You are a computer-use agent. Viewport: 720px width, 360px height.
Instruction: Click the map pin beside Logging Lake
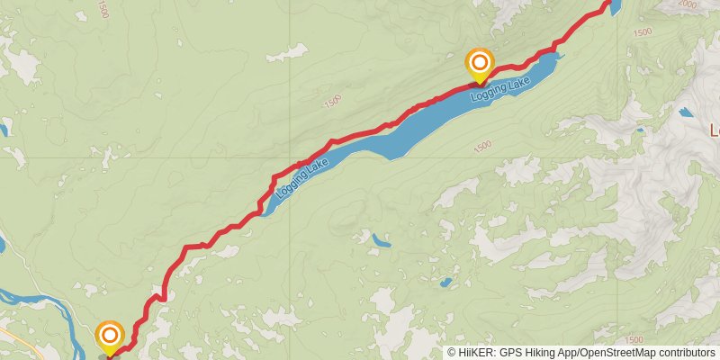pos(480,63)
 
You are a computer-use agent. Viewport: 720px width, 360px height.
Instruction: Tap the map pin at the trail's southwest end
pos(110,337)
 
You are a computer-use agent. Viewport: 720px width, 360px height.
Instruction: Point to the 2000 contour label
pos(687,4)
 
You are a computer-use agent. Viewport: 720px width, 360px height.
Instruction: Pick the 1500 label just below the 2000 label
pos(643,32)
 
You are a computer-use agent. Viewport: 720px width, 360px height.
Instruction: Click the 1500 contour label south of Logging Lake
pos(482,144)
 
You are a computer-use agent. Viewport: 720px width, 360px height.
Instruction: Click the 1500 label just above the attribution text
pos(633,339)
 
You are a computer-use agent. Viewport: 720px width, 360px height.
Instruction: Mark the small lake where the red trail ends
pos(616,7)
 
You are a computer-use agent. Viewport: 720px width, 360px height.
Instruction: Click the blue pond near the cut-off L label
pos(688,113)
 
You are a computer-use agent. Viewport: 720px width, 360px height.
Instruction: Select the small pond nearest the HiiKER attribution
pos(445,283)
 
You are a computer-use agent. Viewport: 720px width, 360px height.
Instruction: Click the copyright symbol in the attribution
pos(453,353)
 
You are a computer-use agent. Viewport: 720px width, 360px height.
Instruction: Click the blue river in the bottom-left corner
pos(27,298)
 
